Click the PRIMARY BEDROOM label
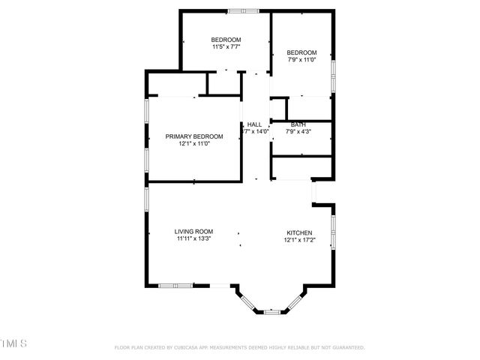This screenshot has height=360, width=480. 194,136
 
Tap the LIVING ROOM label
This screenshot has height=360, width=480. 194,232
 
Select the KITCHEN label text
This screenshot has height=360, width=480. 299,232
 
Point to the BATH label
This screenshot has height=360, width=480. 298,124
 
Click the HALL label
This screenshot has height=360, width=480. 255,124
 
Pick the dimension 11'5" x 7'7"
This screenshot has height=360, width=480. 225,46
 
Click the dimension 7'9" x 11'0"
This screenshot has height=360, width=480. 302,59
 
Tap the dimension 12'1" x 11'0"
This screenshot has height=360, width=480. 194,143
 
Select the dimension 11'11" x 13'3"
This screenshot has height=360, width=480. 194,239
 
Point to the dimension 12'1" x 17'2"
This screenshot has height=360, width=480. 299,240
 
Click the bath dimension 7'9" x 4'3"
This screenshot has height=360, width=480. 298,131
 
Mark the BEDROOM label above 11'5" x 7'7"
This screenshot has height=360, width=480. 226,39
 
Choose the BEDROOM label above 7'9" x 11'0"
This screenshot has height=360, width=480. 302,52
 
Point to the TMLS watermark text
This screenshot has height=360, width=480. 13,343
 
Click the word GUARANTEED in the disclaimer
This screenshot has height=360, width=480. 345,348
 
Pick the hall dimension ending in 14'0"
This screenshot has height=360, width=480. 255,131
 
